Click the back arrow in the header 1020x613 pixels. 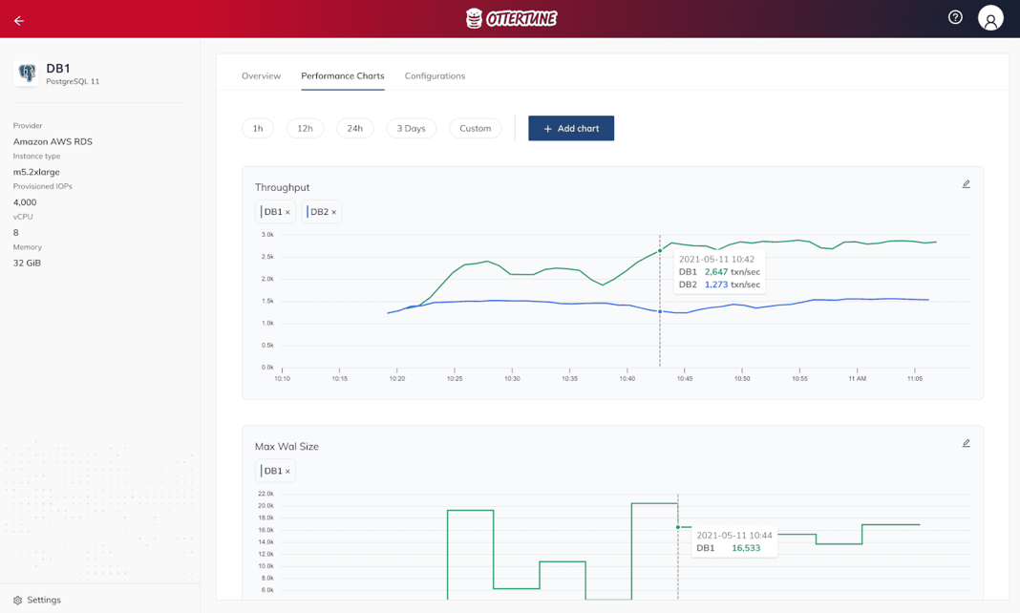[19, 20]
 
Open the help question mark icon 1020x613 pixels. [955, 17]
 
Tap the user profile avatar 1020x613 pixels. [990, 18]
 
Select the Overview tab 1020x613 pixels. [261, 75]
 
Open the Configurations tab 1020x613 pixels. [435, 75]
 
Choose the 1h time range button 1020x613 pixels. [258, 128]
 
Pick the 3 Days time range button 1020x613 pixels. [412, 128]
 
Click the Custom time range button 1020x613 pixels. [475, 128]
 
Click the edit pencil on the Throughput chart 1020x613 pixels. [966, 184]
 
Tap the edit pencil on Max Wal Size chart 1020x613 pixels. [966, 443]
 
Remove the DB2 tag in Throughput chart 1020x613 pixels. [333, 212]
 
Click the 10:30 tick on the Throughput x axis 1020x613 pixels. [512, 379]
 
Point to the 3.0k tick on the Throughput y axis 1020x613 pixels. [267, 235]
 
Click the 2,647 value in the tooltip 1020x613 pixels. [716, 272]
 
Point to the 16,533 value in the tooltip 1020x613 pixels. [746, 548]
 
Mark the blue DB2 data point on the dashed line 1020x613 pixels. [660, 311]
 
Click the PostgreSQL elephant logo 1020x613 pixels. [27, 73]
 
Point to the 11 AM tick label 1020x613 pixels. [857, 379]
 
